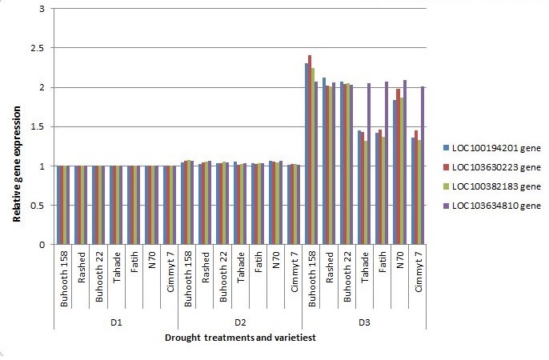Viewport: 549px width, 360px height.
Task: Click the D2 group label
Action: [x=238, y=322]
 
